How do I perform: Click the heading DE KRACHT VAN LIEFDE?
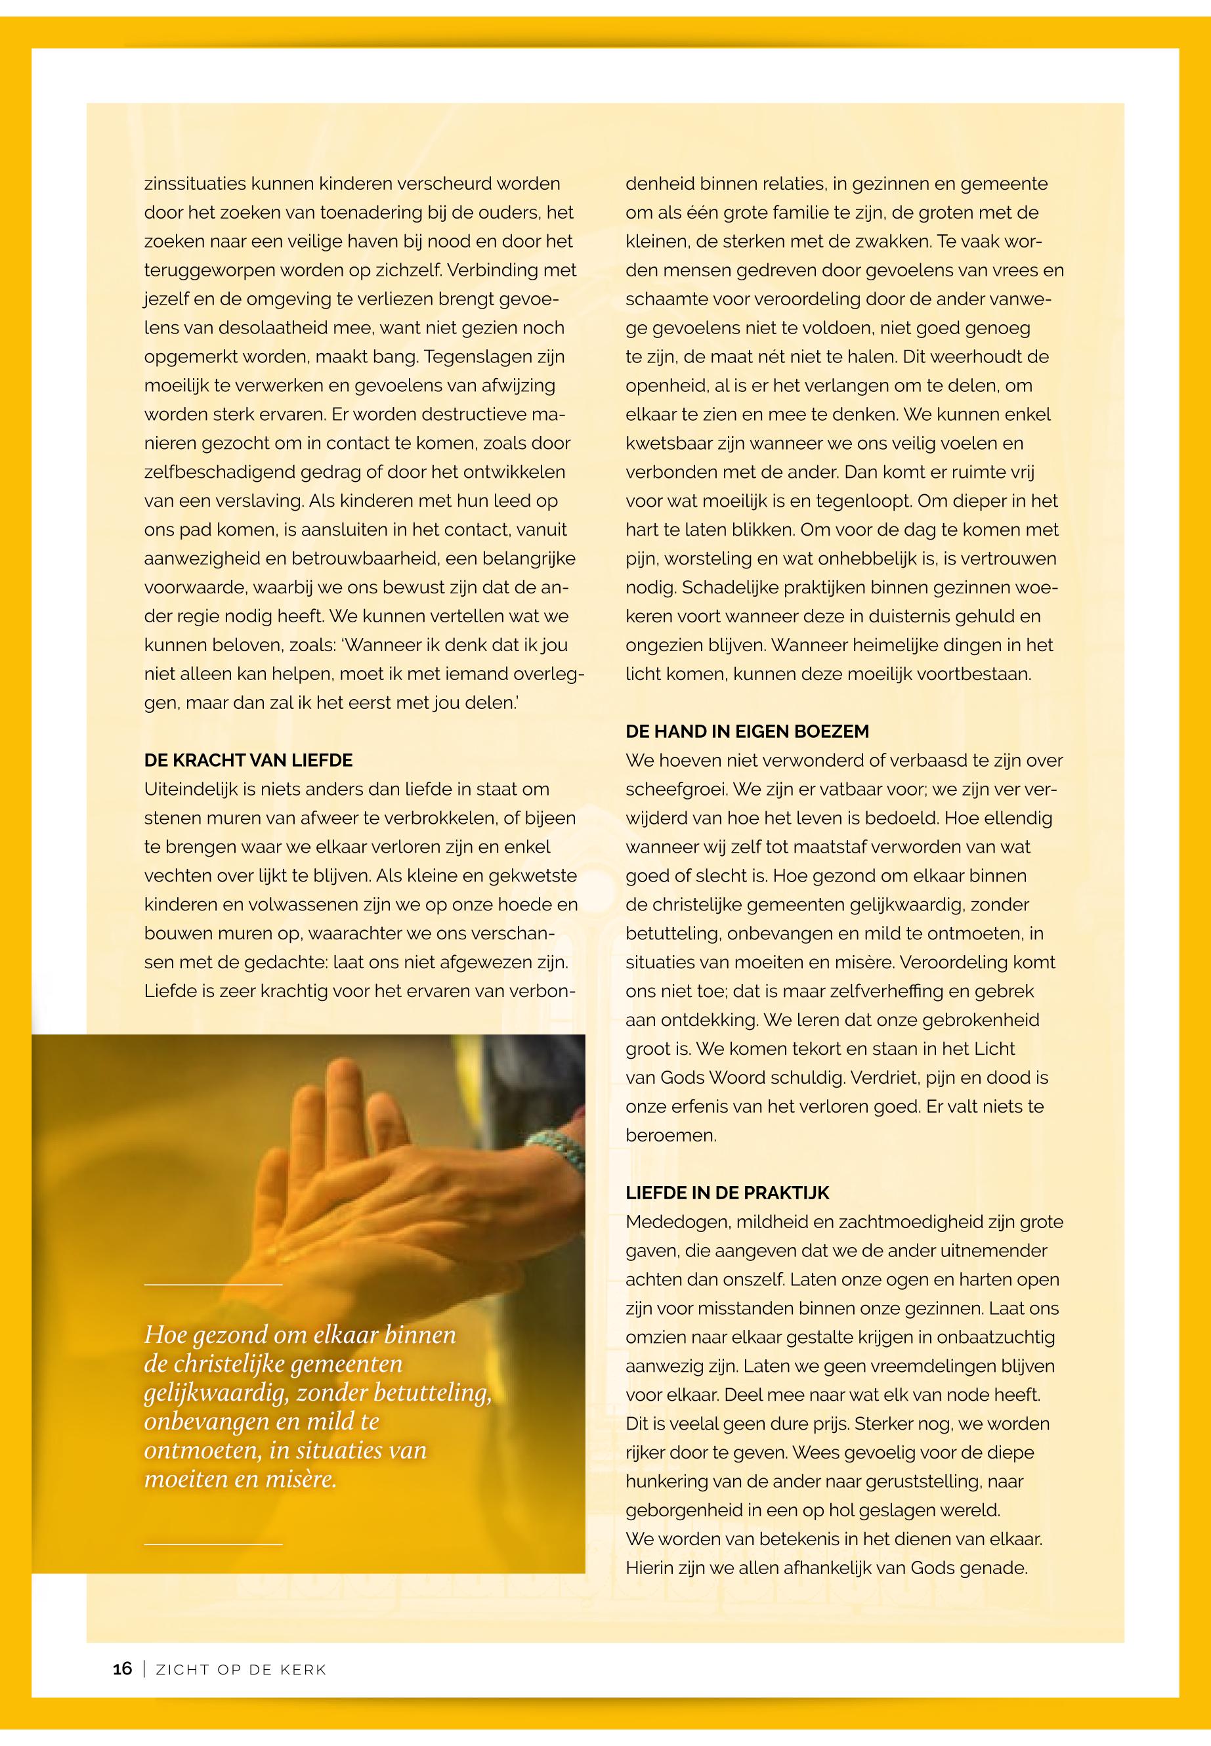pos(248,760)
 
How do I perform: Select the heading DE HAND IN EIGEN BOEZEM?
pos(747,731)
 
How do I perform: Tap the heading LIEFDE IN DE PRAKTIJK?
pos(727,1193)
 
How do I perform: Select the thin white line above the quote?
pos(213,1285)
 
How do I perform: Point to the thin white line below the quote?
pos(213,1544)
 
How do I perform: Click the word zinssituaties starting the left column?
pos(195,184)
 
